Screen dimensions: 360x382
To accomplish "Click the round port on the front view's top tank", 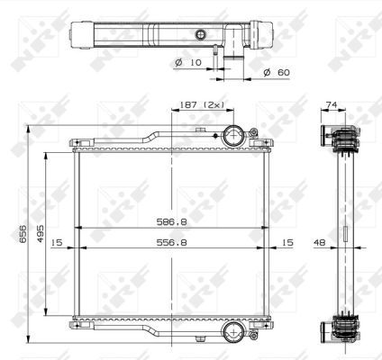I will tap(232, 138).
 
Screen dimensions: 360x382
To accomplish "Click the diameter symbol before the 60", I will tap(268, 71).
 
